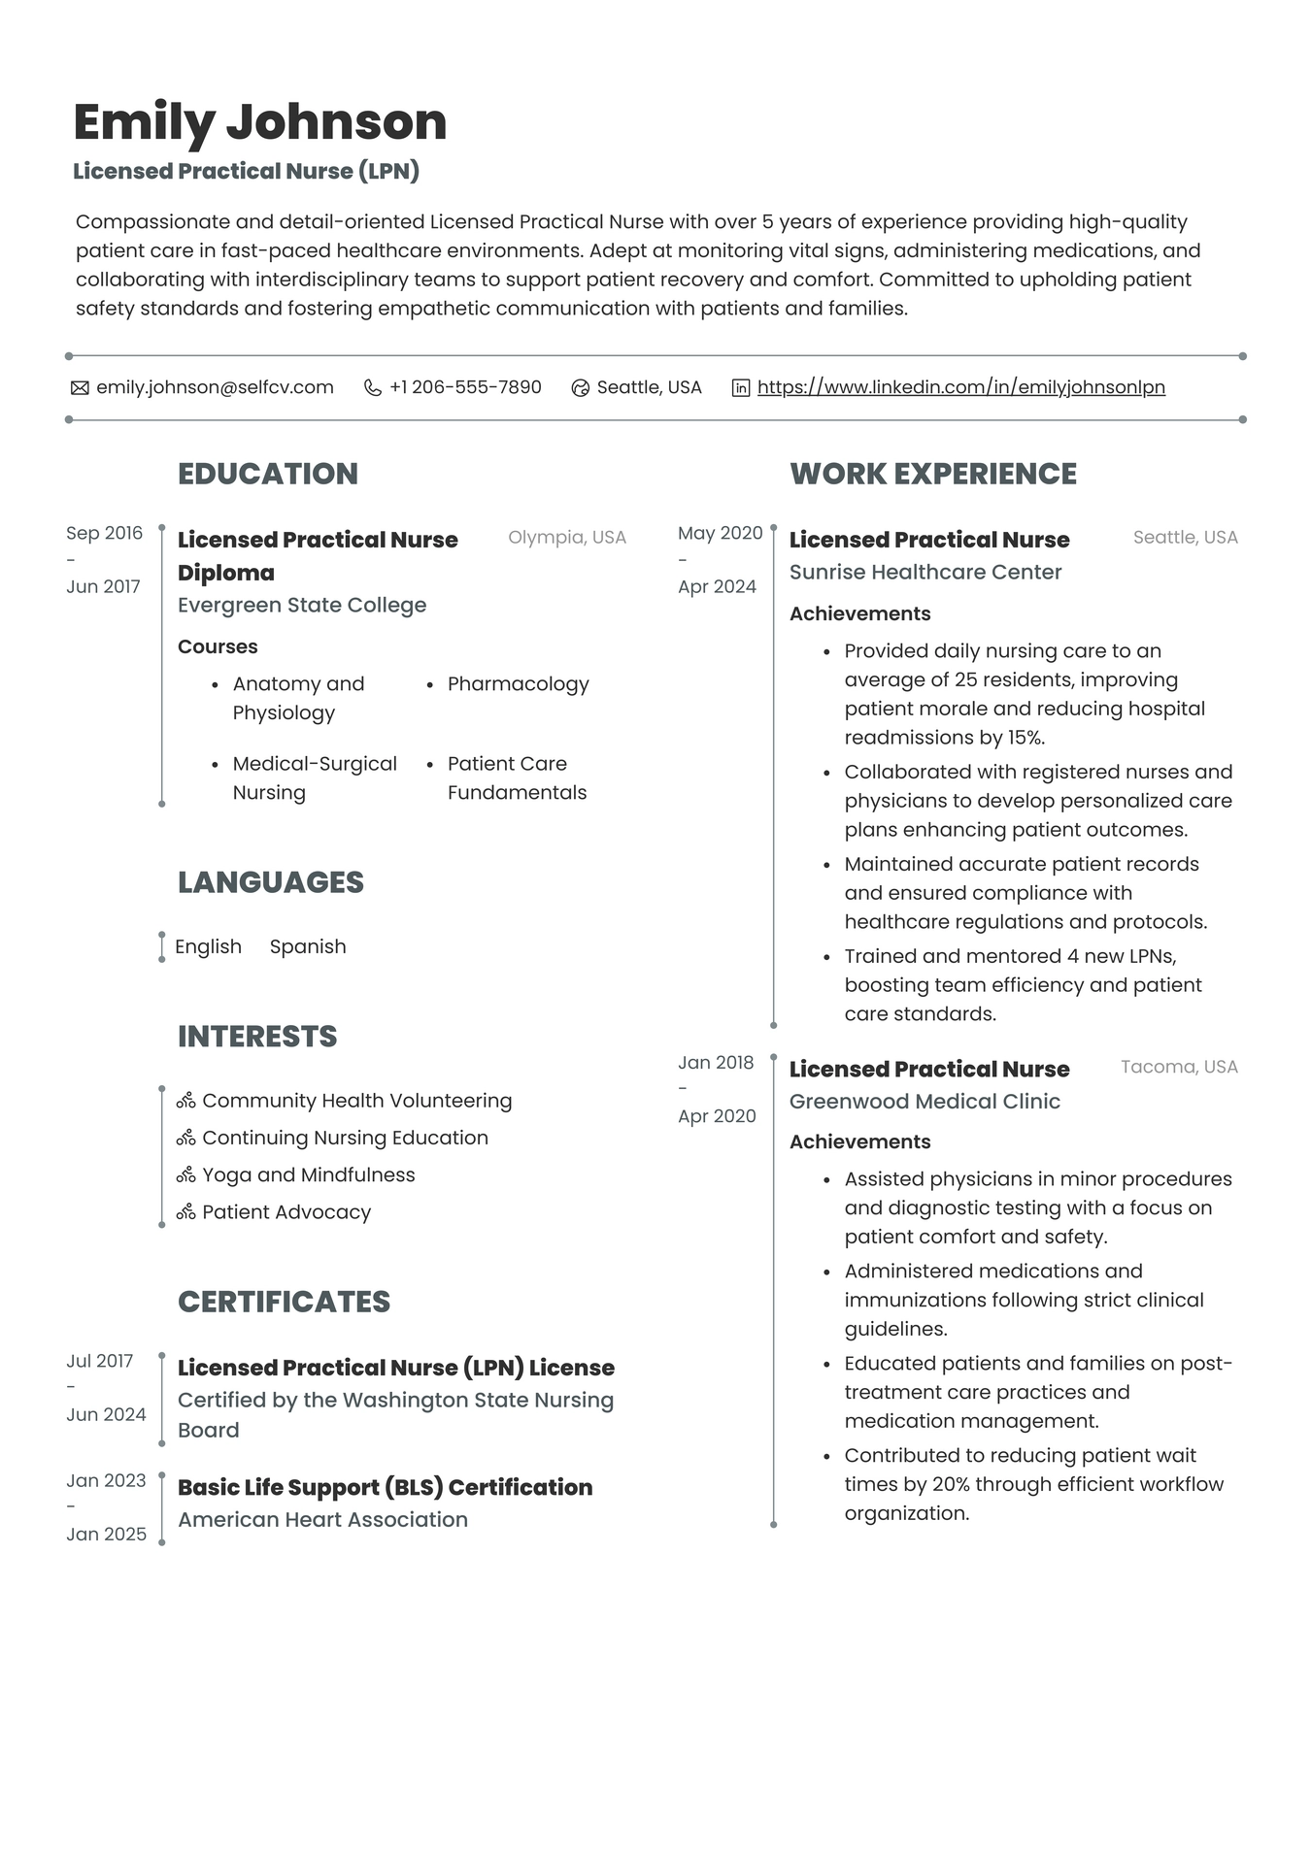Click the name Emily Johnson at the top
259,122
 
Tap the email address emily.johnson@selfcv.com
215,387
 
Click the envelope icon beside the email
80,388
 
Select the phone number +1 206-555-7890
465,387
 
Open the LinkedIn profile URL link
960,387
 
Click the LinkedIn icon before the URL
740,388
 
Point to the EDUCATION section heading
267,474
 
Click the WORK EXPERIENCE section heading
932,474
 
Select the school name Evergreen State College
301,605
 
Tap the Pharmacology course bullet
518,684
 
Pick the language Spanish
307,946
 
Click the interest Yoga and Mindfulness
308,1174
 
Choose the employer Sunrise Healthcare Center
924,572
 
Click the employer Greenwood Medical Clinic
924,1101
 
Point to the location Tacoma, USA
1178,1067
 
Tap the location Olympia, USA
566,537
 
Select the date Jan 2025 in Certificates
106,1534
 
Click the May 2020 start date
720,533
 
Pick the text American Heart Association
322,1519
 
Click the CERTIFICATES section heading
284,1302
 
